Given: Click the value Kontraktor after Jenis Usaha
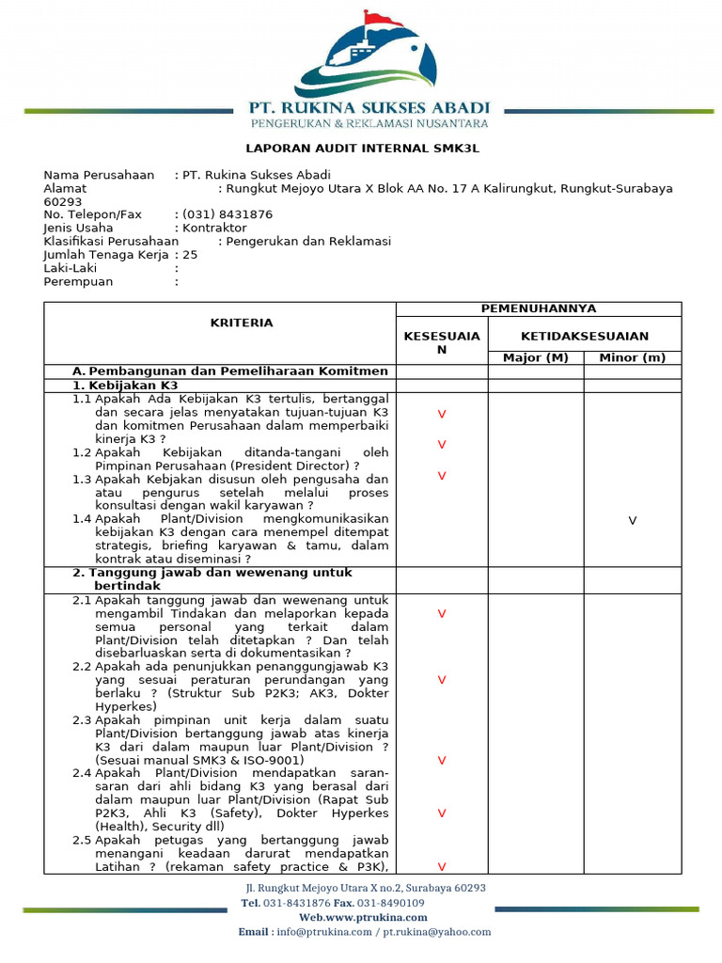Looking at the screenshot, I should (214, 228).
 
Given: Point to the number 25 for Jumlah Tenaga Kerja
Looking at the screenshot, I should (190, 255).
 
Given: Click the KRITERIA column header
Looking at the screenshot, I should (242, 323).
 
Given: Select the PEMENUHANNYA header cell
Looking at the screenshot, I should (538, 308).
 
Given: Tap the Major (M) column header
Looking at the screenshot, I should (535, 357).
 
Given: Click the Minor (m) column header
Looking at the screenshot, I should (632, 357).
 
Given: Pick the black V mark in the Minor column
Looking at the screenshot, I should (633, 520).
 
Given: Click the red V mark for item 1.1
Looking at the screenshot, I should (441, 414).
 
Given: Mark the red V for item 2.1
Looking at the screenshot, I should (441, 613).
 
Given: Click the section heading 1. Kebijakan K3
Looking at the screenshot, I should (125, 386).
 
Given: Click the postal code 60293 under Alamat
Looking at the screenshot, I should (63, 201).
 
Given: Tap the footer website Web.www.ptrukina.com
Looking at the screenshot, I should (363, 917).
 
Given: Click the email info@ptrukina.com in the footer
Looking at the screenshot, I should (333, 932).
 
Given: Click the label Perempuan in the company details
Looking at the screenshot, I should (78, 281).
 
